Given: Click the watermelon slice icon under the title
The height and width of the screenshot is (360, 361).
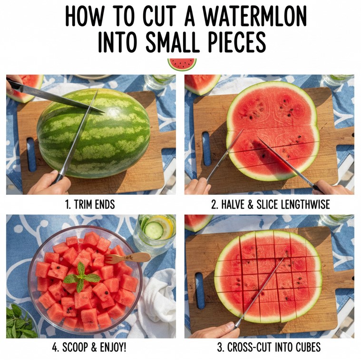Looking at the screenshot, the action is [x=182, y=64].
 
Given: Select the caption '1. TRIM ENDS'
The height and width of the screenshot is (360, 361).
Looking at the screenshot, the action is [x=90, y=204].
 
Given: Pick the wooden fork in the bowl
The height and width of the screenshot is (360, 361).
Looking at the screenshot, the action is [x=127, y=258].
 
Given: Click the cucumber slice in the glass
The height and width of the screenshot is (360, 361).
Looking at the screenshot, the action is [x=154, y=230].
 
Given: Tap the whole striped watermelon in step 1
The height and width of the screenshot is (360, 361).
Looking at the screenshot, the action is [x=94, y=133].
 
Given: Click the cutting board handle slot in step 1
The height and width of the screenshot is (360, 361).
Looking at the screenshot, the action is [x=31, y=154].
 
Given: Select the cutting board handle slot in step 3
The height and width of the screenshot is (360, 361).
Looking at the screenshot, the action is [x=200, y=290].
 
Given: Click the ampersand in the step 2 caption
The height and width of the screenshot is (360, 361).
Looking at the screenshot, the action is [x=251, y=205].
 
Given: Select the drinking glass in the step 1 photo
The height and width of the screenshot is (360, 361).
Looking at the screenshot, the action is [x=159, y=81].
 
